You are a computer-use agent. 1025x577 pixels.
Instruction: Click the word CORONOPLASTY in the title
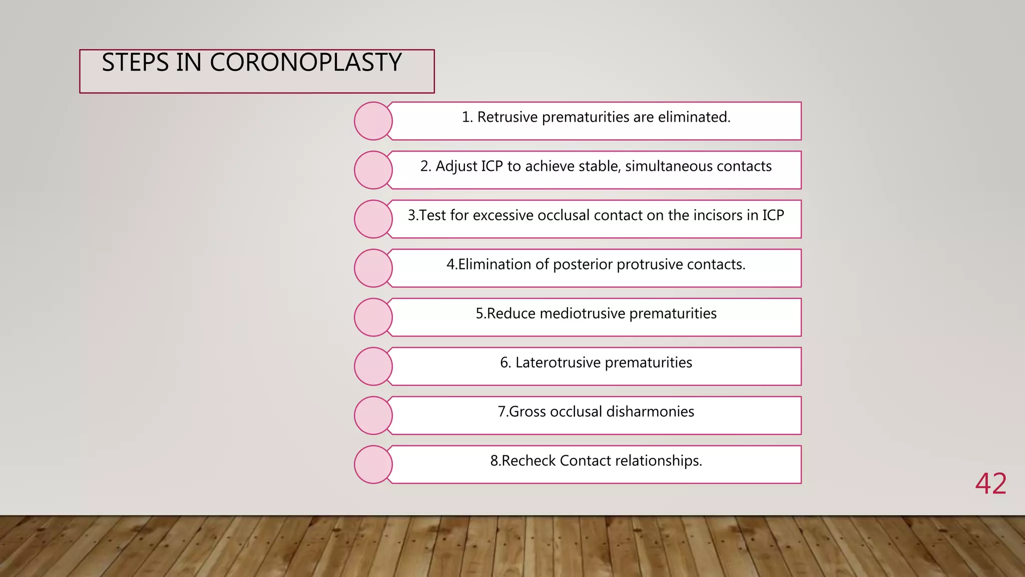(305, 63)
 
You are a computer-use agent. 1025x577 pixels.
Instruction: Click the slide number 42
(990, 484)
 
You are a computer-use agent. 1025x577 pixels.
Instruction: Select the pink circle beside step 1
(373, 121)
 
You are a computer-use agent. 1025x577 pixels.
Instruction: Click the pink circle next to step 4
(373, 268)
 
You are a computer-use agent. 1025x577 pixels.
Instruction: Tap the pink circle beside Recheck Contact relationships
(373, 465)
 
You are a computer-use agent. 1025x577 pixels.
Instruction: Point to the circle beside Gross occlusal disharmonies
(373, 416)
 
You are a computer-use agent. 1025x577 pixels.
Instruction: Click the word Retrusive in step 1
(507, 117)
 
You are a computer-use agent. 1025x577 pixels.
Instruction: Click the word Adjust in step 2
(455, 166)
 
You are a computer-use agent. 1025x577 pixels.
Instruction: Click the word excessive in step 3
(503, 215)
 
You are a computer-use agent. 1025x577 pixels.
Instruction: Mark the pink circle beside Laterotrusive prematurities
(373, 367)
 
